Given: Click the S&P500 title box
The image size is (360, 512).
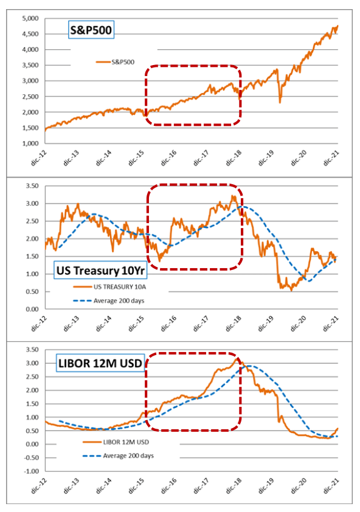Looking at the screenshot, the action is [x=91, y=30].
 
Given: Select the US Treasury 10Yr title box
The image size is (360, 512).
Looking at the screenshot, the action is [x=100, y=271].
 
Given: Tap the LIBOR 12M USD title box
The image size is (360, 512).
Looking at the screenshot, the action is [x=100, y=363].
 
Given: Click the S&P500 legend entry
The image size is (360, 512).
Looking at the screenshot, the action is [x=115, y=62].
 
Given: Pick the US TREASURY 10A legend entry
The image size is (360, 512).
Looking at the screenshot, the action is [x=110, y=286].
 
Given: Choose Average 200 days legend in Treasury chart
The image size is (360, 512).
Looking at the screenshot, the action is [x=109, y=301].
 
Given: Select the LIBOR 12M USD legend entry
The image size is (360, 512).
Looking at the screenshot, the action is [x=116, y=442].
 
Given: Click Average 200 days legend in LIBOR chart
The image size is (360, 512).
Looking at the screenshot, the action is [x=118, y=455].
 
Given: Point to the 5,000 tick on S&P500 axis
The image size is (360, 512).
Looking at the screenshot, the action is [x=30, y=19].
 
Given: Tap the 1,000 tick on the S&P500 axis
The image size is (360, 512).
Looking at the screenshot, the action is [x=30, y=144].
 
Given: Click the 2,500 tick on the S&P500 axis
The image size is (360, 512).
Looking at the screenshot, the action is [x=30, y=97].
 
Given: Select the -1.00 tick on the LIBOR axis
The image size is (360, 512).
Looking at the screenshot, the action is [x=32, y=471].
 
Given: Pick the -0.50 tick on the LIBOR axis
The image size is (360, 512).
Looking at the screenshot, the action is [x=32, y=458].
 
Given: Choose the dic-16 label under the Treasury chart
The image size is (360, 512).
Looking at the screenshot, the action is [x=168, y=323].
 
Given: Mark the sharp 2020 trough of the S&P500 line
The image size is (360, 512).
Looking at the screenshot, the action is [x=280, y=103].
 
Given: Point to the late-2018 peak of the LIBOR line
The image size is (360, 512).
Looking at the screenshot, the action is [x=236, y=359].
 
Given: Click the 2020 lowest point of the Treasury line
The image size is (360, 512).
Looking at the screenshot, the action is [x=291, y=290].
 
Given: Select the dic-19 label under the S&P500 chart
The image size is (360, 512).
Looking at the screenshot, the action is [x=266, y=158].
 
